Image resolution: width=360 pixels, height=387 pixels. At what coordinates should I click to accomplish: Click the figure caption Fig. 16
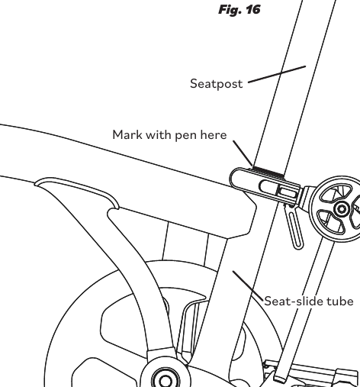tap(239, 10)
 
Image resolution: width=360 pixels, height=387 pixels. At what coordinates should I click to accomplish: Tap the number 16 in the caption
tap(253, 9)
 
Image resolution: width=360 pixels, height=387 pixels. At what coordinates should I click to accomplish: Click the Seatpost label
tap(217, 84)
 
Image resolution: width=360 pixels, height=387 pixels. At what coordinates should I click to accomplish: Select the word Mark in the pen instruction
tap(127, 134)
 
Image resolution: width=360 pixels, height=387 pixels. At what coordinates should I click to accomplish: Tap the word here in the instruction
tap(214, 134)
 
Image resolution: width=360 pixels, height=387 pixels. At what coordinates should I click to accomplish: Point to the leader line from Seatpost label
tap(277, 74)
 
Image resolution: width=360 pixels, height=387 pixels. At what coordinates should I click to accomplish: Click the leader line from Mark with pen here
tap(243, 153)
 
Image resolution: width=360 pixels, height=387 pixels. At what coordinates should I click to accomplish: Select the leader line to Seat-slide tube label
tap(248, 286)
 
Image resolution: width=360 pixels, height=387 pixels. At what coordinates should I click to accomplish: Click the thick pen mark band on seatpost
tap(268, 171)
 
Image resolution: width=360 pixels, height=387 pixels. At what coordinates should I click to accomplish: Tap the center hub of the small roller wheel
tap(341, 209)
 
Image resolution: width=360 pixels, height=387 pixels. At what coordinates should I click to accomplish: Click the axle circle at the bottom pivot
tap(166, 380)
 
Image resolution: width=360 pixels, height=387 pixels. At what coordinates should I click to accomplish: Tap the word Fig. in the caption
tap(230, 10)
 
